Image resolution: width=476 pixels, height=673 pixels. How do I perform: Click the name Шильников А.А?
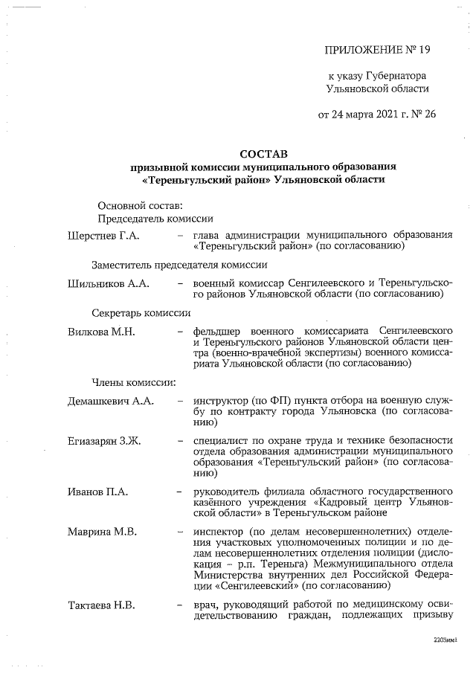pos(109,283)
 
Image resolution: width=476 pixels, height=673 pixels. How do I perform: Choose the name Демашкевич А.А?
pos(111,402)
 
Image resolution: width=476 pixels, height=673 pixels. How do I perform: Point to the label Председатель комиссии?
pos(156,219)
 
